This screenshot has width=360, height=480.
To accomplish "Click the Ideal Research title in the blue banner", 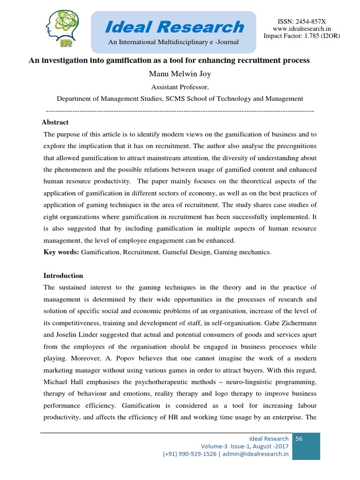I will (174, 27).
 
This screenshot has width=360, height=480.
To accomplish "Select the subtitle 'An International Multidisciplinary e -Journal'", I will (173, 43).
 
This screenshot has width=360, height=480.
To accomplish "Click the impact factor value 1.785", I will (314, 36).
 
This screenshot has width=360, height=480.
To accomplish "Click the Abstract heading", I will (55, 122).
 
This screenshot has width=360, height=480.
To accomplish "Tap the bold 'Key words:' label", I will (61, 252).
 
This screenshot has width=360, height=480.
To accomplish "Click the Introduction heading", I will (63, 276).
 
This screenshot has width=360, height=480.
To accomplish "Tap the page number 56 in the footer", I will (299, 439).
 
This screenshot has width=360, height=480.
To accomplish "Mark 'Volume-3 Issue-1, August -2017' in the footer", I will (245, 446).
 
